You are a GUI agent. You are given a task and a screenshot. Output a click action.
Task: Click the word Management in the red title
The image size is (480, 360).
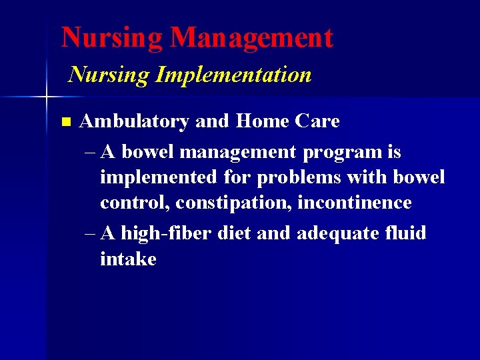[251, 38]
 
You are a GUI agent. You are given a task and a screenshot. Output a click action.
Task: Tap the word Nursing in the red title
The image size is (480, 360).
[112, 38]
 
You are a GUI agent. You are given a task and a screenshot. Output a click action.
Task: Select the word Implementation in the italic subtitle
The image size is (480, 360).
[233, 75]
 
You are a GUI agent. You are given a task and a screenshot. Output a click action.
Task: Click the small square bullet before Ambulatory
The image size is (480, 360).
[65, 122]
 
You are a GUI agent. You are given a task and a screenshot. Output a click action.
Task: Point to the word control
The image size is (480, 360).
[135, 203]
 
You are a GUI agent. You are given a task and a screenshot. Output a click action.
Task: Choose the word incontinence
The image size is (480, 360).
[355, 203]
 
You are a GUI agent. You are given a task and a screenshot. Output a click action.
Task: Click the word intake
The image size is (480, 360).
[128, 259]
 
